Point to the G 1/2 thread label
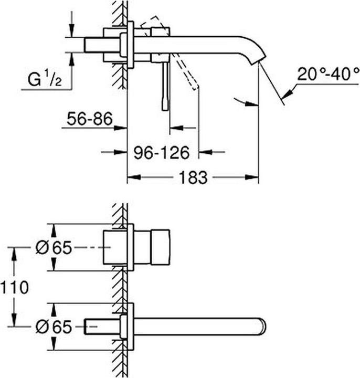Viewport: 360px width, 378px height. [44, 80]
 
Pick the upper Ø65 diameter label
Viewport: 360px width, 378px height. [53, 247]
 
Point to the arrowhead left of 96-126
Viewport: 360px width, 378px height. [122, 152]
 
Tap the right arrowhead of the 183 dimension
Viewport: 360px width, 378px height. [253, 177]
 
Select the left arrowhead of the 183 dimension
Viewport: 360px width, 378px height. [133, 177]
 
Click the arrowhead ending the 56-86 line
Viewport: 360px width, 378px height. [122, 127]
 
